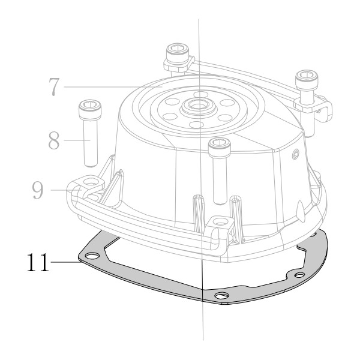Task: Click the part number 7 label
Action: coord(54,87)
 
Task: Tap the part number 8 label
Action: coord(54,140)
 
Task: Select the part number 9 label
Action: coord(37,190)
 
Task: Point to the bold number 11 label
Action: coord(38,262)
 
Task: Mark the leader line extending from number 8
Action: coord(77,140)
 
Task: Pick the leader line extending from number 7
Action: coord(113,87)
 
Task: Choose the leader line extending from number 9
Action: coord(66,190)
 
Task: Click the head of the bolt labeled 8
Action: coord(90,109)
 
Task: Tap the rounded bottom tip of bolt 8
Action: coord(91,164)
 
